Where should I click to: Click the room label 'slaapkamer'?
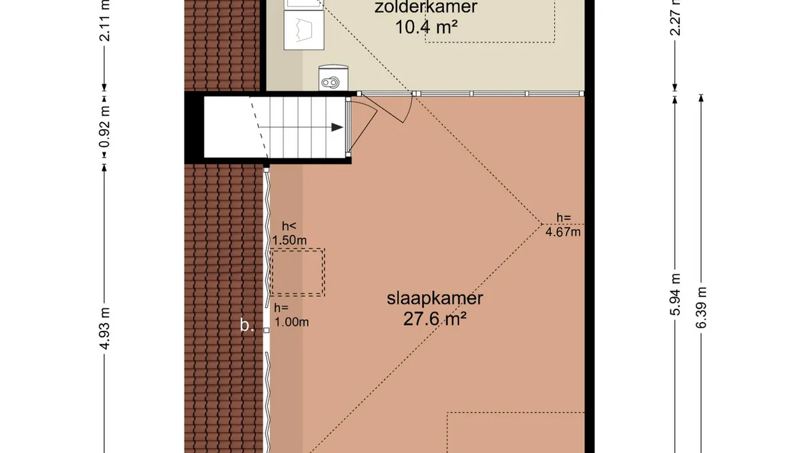pyautogui.click(x=435, y=298)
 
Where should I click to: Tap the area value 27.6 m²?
pyautogui.click(x=435, y=319)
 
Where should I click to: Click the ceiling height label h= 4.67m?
pyautogui.click(x=563, y=225)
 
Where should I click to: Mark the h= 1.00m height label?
pyautogui.click(x=290, y=315)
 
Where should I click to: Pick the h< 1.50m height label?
pyautogui.click(x=289, y=233)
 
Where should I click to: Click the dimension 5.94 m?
pyautogui.click(x=675, y=295)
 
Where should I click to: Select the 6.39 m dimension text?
pyautogui.click(x=702, y=306)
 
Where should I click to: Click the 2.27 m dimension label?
pyautogui.click(x=675, y=19)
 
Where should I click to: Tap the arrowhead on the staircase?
pyautogui.click(x=337, y=127)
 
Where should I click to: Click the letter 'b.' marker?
pyautogui.click(x=247, y=325)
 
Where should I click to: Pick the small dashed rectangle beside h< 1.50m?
pyautogui.click(x=297, y=272)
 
